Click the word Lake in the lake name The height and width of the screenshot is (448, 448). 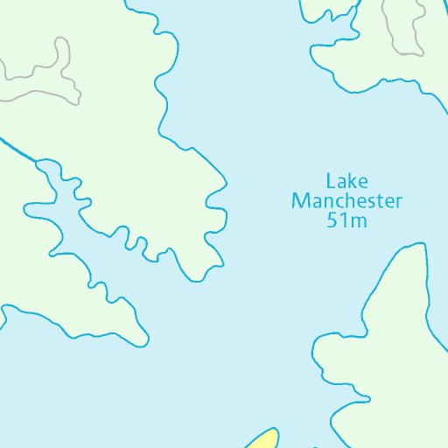(346, 182)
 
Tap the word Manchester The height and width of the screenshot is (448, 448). (346, 201)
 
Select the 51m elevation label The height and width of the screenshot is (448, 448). (346, 220)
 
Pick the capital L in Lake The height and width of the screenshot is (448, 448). (331, 182)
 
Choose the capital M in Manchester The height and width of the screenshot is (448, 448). (299, 201)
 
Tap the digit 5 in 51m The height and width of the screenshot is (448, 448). (332, 220)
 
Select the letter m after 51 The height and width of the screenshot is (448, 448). (357, 221)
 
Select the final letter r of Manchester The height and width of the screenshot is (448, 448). (399, 202)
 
